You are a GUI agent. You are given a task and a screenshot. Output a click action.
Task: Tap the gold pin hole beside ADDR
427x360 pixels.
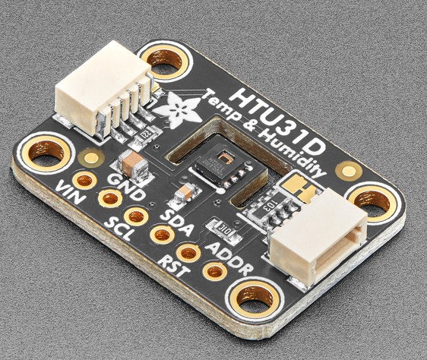(215, 270)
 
